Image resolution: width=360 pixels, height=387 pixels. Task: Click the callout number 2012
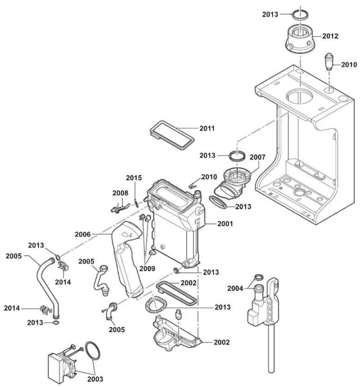(330, 36)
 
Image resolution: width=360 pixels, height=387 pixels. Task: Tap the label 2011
(207, 128)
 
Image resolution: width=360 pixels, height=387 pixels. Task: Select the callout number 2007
(258, 157)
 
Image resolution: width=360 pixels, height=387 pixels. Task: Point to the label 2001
(225, 224)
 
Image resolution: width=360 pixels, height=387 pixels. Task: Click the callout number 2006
(83, 234)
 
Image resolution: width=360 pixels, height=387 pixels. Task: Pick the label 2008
(121, 193)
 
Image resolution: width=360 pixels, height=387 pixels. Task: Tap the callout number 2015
(134, 178)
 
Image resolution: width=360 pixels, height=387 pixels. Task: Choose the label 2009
(147, 268)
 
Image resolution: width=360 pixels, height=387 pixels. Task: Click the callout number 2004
(235, 288)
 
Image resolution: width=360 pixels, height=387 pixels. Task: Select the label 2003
(95, 379)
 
